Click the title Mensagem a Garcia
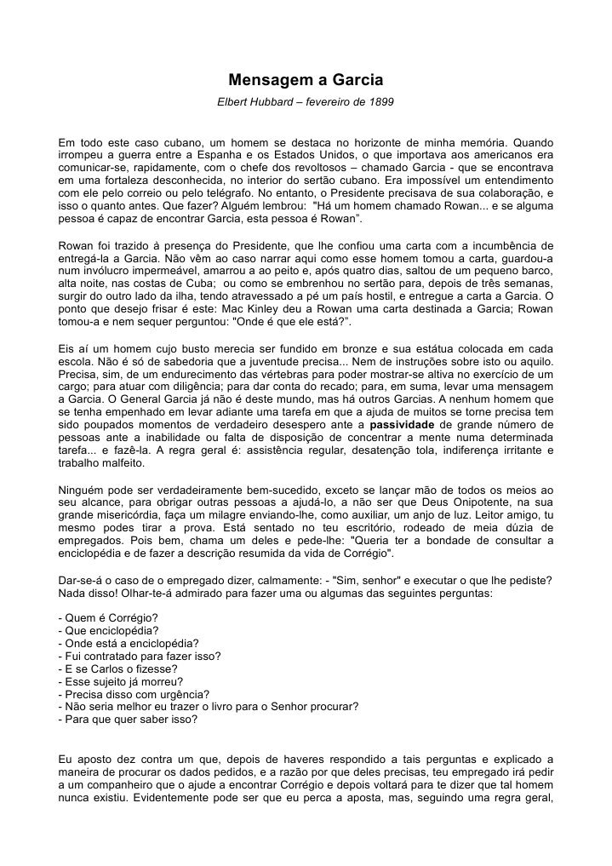(306, 81)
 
